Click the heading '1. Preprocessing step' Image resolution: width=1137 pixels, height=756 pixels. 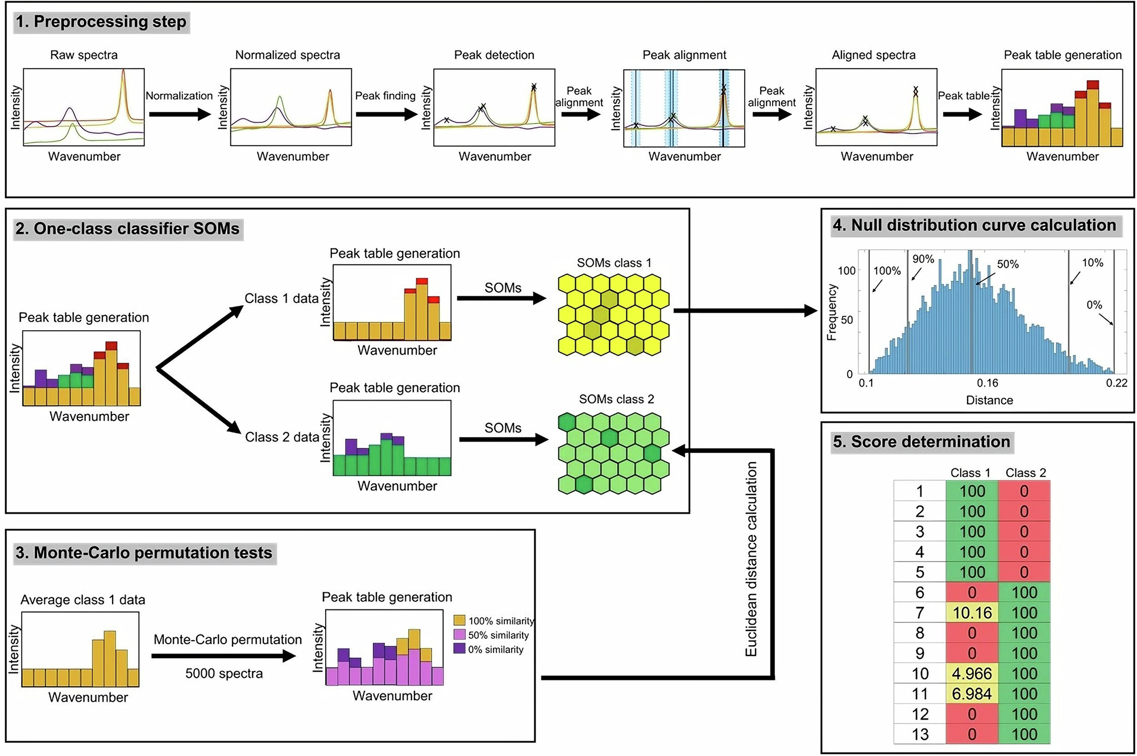(101, 22)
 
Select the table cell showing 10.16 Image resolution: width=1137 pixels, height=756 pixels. (972, 613)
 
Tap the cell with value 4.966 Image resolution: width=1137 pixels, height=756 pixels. (972, 674)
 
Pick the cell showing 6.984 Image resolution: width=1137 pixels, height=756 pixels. (972, 694)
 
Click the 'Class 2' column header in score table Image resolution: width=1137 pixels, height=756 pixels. (1026, 473)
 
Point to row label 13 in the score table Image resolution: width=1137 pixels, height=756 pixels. (920, 734)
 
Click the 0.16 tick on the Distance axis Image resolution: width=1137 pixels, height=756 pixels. (987, 383)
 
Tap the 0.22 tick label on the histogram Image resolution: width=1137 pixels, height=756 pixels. (1117, 383)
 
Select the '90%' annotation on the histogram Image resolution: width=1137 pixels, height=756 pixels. (923, 259)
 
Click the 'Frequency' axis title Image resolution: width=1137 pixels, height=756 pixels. (832, 313)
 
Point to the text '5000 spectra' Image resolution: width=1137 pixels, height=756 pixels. (224, 674)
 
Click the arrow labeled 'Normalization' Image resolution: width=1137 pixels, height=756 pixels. (180, 114)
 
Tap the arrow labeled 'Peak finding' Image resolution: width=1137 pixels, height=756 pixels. (387, 114)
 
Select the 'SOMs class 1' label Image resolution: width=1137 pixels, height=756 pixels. (614, 263)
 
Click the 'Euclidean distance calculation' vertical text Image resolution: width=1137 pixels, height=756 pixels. (752, 559)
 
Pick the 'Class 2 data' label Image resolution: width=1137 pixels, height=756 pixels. (282, 437)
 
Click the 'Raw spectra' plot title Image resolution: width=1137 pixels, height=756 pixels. (84, 55)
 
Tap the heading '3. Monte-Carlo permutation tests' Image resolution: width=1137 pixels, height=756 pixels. (144, 553)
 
